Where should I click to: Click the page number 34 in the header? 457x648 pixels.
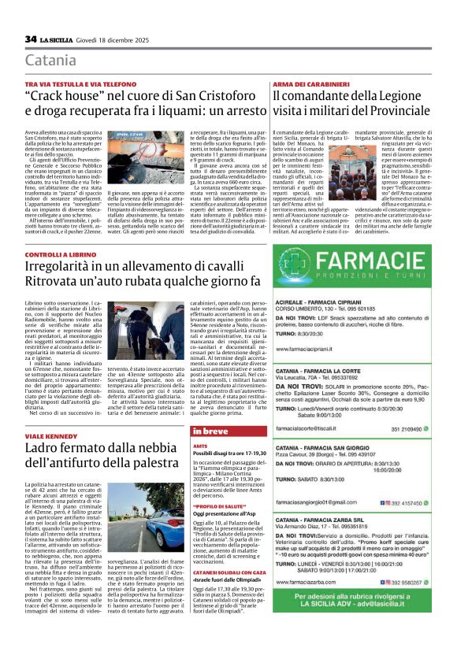tap(31, 39)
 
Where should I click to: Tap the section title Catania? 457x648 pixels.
tap(50, 61)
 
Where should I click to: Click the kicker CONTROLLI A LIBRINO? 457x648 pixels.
tap(60, 255)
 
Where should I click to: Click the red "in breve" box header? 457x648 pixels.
tap(207, 431)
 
